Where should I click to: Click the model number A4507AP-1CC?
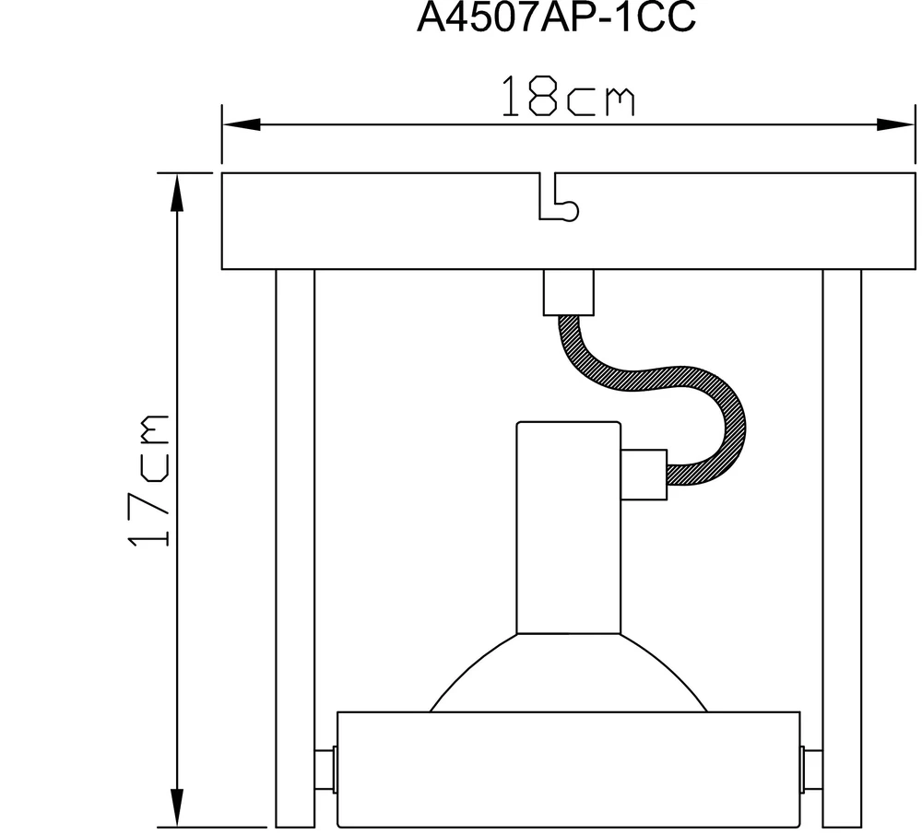[556, 17]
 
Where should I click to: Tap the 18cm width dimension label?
[568, 97]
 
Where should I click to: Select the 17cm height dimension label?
[148, 481]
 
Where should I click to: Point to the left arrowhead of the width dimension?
[241, 124]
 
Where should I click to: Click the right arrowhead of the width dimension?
[896, 124]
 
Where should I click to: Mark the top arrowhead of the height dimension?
[177, 193]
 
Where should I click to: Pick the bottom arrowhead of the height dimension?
[177, 808]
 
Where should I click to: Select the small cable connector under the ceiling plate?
[569, 292]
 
